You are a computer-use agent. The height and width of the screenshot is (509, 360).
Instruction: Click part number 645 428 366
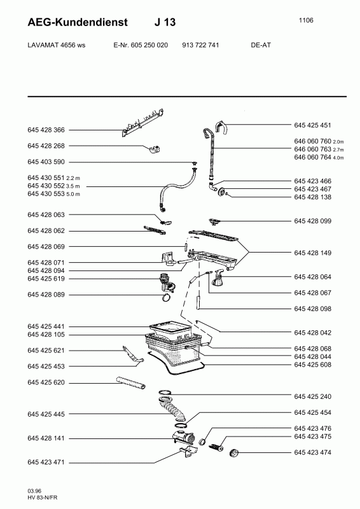[x=46, y=130]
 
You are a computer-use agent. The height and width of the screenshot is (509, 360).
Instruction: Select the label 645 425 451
[x=312, y=125]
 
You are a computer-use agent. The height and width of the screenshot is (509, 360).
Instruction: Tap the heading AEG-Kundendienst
[x=78, y=22]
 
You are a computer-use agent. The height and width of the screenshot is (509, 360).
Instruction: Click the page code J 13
[x=165, y=22]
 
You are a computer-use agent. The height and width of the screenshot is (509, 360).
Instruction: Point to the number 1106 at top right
[x=306, y=20]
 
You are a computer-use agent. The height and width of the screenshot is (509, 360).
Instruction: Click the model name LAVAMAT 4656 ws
[x=57, y=45]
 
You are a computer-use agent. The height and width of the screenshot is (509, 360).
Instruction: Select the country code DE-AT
[x=261, y=45]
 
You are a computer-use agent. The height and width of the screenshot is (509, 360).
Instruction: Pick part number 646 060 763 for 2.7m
[x=312, y=150]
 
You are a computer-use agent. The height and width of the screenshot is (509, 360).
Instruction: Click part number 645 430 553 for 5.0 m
[x=46, y=194]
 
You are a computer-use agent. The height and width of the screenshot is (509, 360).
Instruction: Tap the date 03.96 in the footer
[x=34, y=491]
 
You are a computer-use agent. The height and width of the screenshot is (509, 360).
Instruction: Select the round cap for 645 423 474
[x=233, y=452]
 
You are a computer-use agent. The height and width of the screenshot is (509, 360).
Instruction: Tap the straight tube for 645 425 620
[x=131, y=382]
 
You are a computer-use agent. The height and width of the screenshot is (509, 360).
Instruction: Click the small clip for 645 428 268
[x=155, y=150]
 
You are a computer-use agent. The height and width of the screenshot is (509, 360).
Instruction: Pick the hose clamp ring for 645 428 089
[x=168, y=296]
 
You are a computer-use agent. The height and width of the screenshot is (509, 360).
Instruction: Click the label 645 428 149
[x=312, y=253]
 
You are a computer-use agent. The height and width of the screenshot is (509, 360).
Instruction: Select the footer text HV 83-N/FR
[x=43, y=498]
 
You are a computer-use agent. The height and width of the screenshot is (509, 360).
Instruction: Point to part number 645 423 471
[x=46, y=463]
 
